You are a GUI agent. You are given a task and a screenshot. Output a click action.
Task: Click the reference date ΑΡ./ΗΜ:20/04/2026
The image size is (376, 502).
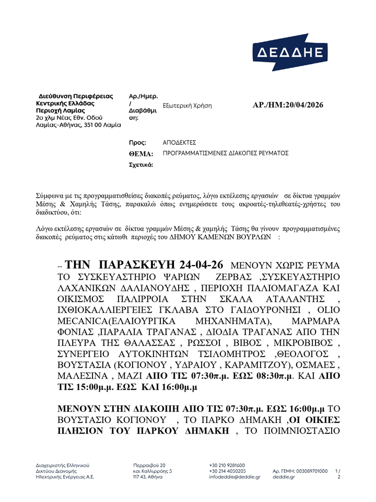[x=288, y=105]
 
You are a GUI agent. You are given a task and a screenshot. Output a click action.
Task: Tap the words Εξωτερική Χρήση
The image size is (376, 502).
[x=187, y=106]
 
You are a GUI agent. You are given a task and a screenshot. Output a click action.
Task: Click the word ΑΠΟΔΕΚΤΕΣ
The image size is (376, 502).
[x=180, y=142]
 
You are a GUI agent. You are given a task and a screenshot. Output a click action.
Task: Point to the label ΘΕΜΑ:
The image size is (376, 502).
[x=141, y=154]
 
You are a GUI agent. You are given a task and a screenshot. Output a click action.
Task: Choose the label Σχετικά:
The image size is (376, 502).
[x=141, y=165]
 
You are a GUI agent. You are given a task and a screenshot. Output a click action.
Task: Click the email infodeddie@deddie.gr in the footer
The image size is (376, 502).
[x=234, y=477]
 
